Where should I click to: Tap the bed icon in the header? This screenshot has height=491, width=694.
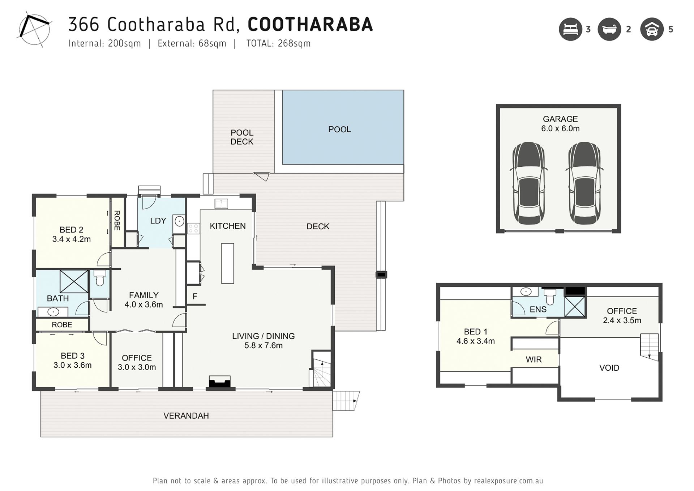tap(570, 29)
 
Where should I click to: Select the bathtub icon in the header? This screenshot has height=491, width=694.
tap(609, 29)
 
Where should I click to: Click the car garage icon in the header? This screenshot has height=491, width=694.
tap(652, 29)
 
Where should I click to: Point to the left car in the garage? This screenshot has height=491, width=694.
tap(528, 183)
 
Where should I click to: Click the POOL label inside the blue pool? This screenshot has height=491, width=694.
tap(339, 129)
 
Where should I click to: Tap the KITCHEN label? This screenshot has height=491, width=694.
tap(228, 226)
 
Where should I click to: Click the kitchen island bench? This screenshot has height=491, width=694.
tap(228, 263)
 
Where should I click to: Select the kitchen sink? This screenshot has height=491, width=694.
tap(221, 204)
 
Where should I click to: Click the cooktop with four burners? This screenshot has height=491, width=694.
tap(193, 228)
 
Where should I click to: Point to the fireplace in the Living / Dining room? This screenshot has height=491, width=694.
tap(220, 382)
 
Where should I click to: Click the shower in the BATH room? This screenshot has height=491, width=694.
tap(74, 281)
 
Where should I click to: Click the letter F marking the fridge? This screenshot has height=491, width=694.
tap(195, 296)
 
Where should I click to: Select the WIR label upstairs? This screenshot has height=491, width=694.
tap(534, 359)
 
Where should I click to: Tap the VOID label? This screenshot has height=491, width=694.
tap(609, 368)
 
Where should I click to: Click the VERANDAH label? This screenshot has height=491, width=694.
tap(186, 416)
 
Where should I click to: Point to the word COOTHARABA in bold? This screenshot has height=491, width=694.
tap(310, 24)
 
